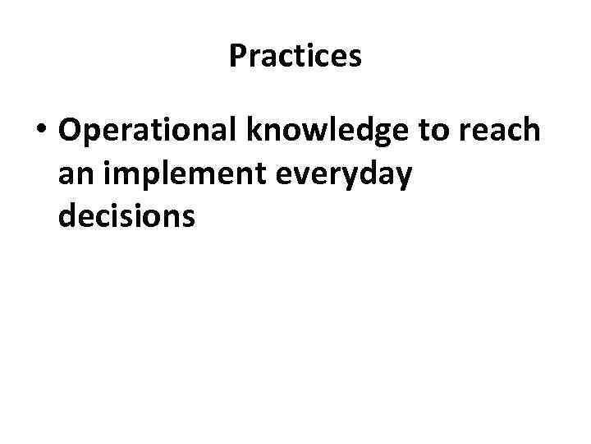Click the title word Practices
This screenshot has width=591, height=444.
[295, 56]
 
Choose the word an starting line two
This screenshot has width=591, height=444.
[74, 176]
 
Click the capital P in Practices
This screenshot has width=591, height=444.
[237, 56]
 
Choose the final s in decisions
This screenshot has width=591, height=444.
[188, 217]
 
